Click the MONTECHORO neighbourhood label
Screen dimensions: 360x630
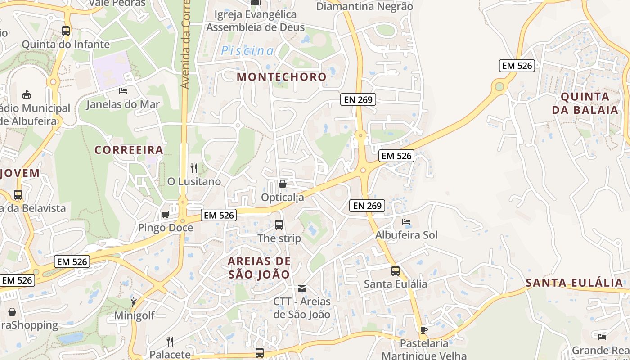point(282,76)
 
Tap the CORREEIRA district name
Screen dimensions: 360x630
point(129,150)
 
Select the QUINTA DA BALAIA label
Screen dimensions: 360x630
point(589,103)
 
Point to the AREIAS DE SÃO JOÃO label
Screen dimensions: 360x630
point(259,268)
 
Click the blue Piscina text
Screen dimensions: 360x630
point(247,51)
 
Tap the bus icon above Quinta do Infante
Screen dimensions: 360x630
point(66,31)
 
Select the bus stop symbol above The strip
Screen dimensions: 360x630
point(279,225)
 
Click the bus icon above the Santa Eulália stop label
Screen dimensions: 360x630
point(396,271)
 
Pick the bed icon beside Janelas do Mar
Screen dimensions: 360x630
point(123,91)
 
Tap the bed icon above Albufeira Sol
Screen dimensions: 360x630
point(406,222)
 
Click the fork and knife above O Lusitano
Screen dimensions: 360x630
point(194,168)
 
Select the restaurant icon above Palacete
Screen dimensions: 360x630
point(170,342)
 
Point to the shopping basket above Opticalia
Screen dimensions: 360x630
point(283,184)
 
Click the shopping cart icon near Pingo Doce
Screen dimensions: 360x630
point(165,215)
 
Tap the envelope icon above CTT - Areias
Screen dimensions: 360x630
point(302,288)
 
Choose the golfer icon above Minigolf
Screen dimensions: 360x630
point(134,302)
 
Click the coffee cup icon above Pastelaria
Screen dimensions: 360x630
point(423,330)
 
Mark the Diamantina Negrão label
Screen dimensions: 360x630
point(364,6)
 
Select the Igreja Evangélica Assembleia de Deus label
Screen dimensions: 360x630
point(255,21)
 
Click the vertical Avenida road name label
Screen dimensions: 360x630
point(184,45)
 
